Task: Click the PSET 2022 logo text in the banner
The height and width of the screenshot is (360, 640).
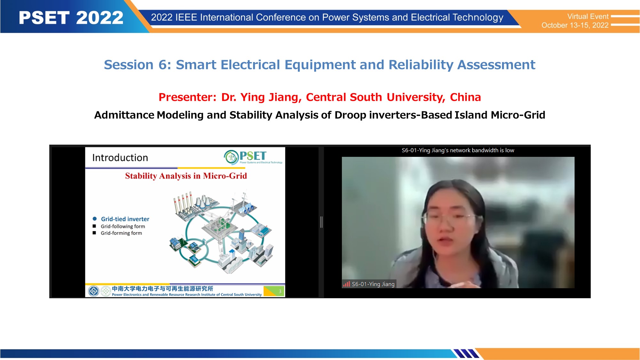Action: tap(71, 18)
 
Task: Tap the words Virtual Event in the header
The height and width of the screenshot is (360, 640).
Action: tap(588, 16)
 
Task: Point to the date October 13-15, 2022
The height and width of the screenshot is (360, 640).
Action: tap(575, 25)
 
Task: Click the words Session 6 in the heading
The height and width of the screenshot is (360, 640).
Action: tap(138, 65)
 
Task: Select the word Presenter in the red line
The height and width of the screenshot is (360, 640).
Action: tap(188, 97)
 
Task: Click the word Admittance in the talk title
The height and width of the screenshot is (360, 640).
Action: tap(124, 115)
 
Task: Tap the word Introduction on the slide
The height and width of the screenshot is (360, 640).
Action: tap(120, 157)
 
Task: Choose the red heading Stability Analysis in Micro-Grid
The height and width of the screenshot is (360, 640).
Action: tap(186, 176)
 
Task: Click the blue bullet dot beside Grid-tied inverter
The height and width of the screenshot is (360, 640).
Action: tap(95, 219)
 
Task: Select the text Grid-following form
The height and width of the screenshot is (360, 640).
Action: tap(123, 226)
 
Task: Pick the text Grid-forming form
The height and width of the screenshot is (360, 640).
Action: tap(121, 233)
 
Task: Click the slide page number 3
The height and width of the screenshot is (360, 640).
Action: tap(280, 292)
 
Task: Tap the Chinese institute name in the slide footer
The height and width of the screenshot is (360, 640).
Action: tap(162, 289)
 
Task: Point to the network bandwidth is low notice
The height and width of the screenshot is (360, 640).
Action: tap(458, 150)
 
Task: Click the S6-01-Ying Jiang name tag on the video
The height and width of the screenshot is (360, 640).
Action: tap(373, 284)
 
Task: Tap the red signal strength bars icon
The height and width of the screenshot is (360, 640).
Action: tap(347, 284)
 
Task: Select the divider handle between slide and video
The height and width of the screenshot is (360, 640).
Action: tap(321, 222)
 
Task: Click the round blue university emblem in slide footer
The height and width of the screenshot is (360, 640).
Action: tap(93, 291)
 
